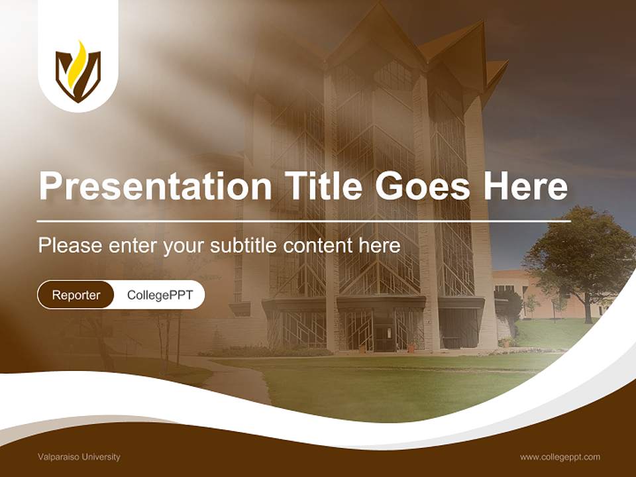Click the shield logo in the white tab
(x=78, y=72)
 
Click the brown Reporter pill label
(x=76, y=295)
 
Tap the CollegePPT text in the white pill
(x=160, y=295)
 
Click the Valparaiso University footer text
(x=79, y=457)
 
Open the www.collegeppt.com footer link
(x=560, y=457)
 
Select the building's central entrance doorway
(x=384, y=331)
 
